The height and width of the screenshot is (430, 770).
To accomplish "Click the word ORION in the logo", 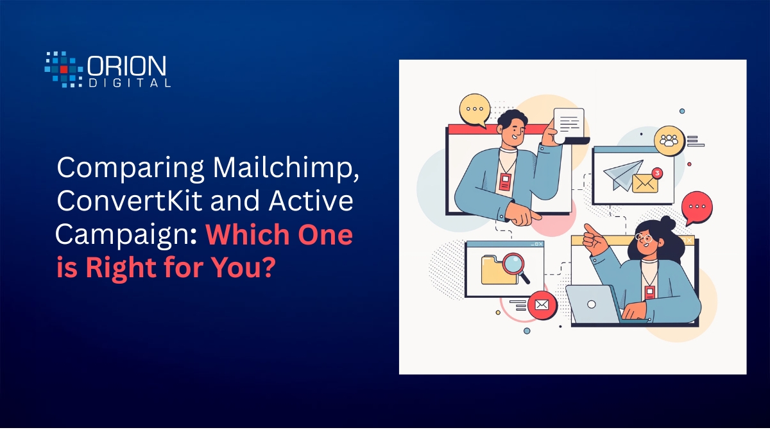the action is click(127, 66).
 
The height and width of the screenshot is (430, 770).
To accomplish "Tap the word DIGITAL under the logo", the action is click(130, 83).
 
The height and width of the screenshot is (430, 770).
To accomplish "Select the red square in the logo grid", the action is click(64, 69).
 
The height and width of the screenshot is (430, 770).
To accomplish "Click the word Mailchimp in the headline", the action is click(286, 168).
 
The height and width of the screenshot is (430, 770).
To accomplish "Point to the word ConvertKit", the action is click(129, 201).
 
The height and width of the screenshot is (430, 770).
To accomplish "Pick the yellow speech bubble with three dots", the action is click(475, 110).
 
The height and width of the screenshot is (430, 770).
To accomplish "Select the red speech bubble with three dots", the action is click(697, 207).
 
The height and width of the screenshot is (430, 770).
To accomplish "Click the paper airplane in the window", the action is click(622, 175).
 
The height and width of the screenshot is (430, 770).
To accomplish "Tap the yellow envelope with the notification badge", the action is click(645, 183).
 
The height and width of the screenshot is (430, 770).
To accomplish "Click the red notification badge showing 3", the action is click(657, 173).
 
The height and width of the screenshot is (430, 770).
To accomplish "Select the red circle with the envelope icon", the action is click(542, 305).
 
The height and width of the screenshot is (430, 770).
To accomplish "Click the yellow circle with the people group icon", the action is click(669, 141).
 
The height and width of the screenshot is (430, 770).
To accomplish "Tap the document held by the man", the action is click(569, 126).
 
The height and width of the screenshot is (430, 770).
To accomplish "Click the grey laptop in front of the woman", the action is click(594, 304).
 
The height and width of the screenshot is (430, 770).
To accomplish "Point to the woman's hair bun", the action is click(667, 223).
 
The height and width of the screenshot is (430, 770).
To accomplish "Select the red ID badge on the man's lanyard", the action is click(506, 182).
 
